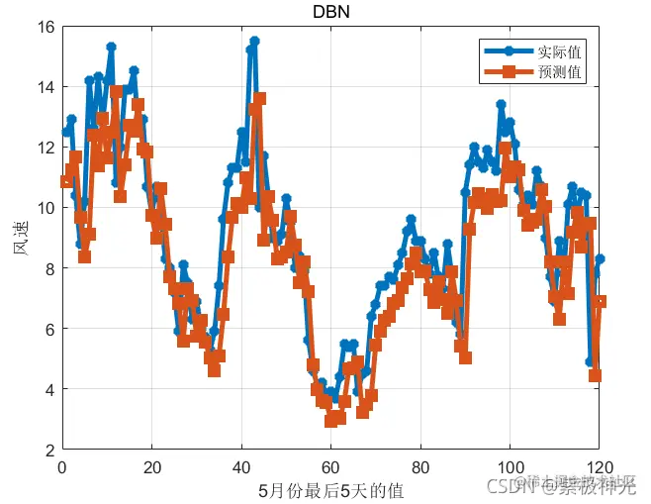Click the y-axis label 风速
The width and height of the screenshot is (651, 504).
[21, 239]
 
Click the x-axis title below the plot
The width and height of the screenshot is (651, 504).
[330, 489]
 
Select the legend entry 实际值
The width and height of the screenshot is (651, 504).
[559, 50]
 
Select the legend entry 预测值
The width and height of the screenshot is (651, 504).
[559, 72]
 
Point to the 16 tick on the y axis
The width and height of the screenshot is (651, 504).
[46, 27]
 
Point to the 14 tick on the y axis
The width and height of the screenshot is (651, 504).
[46, 87]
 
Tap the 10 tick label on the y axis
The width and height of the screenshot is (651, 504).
[46, 208]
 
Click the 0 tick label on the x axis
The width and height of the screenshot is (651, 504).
[62, 465]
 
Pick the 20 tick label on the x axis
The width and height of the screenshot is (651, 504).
[151, 465]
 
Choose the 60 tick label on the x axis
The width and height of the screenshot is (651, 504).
[330, 465]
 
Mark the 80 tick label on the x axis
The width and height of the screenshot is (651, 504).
[420, 465]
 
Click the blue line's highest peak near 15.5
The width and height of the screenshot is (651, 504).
[254, 42]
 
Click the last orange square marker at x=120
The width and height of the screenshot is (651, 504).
[599, 301]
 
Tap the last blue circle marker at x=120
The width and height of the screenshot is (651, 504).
[600, 258]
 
